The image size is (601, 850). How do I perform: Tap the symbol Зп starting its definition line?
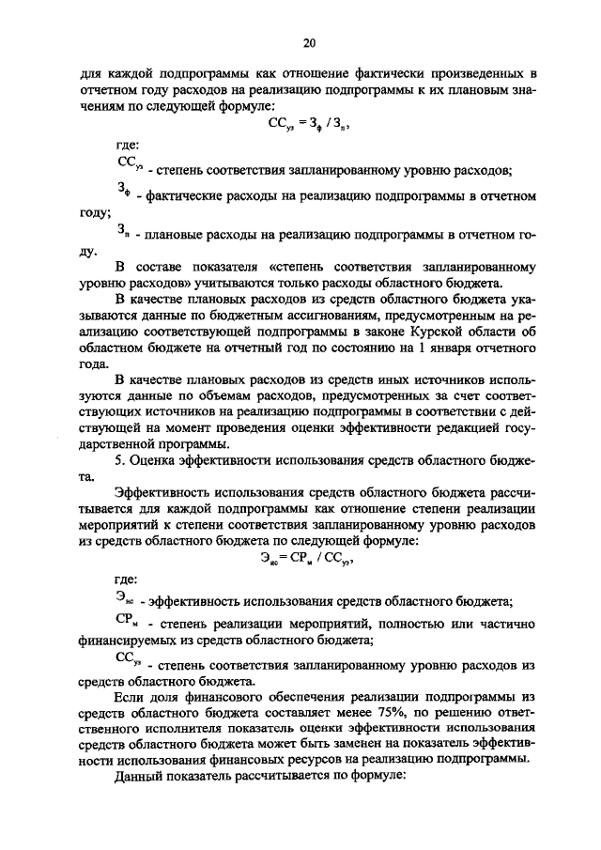pos(124,232)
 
